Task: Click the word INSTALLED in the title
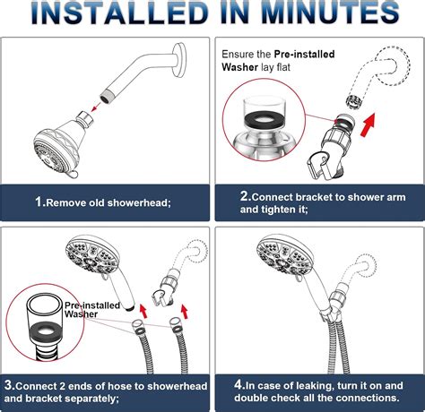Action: coord(113,14)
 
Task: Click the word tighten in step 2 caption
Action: coord(282,210)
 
